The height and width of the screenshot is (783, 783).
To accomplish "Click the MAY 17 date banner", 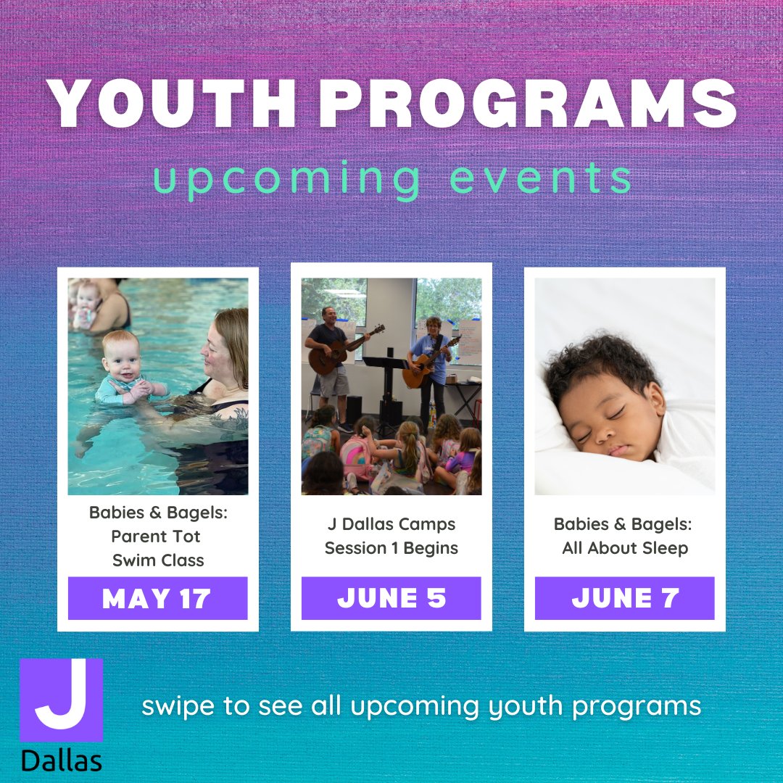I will (x=157, y=598).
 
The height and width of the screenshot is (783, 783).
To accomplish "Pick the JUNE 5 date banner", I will (x=391, y=598).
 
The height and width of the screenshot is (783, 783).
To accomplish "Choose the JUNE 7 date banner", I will (x=625, y=598).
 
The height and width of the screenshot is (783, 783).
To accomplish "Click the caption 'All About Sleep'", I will (x=625, y=548).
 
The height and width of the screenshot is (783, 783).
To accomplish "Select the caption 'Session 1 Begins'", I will (x=391, y=548).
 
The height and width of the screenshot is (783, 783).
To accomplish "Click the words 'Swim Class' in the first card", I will (x=158, y=560).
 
